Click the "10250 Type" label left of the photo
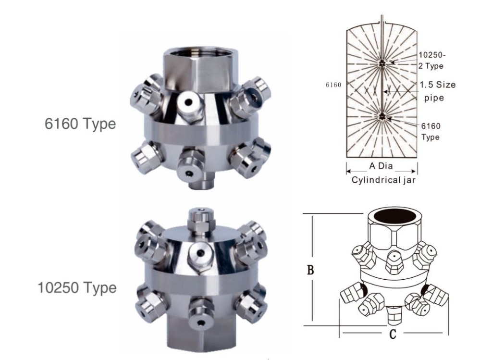point(77,287)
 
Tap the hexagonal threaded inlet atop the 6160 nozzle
point(199,67)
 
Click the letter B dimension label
point(311,270)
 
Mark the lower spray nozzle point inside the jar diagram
point(382,116)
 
